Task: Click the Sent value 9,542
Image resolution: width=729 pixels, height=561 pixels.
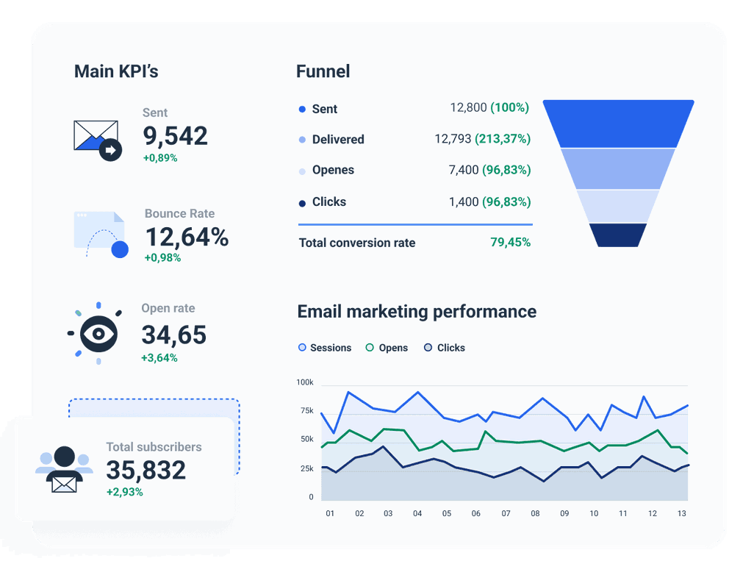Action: tap(175, 136)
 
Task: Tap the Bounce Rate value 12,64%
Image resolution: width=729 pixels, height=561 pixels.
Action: tap(187, 237)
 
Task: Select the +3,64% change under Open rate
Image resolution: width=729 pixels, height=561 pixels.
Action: tap(159, 358)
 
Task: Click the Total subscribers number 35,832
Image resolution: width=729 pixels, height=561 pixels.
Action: tap(146, 470)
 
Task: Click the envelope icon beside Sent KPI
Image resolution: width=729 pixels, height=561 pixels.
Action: tap(96, 138)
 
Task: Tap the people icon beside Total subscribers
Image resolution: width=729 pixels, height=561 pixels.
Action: tap(65, 469)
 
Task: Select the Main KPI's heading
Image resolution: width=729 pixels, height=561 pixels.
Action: tap(116, 71)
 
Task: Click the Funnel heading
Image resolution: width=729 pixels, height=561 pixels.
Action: tap(323, 71)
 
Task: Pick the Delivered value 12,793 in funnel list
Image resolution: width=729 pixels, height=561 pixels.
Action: tap(453, 139)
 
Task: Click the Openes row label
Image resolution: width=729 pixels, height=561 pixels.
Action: tap(332, 170)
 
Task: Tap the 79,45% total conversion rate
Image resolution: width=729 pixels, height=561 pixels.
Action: tap(510, 243)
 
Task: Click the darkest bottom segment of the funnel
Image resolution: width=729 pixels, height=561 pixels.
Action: tap(618, 235)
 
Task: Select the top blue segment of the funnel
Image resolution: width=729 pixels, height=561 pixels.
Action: tap(618, 123)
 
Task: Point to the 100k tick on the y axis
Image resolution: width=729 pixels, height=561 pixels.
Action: tap(305, 382)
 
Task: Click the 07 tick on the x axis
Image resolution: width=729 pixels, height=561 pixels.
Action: tap(506, 513)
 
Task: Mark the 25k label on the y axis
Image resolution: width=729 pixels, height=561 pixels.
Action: tap(306, 468)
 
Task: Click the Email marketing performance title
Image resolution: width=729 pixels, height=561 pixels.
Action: tap(417, 312)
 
